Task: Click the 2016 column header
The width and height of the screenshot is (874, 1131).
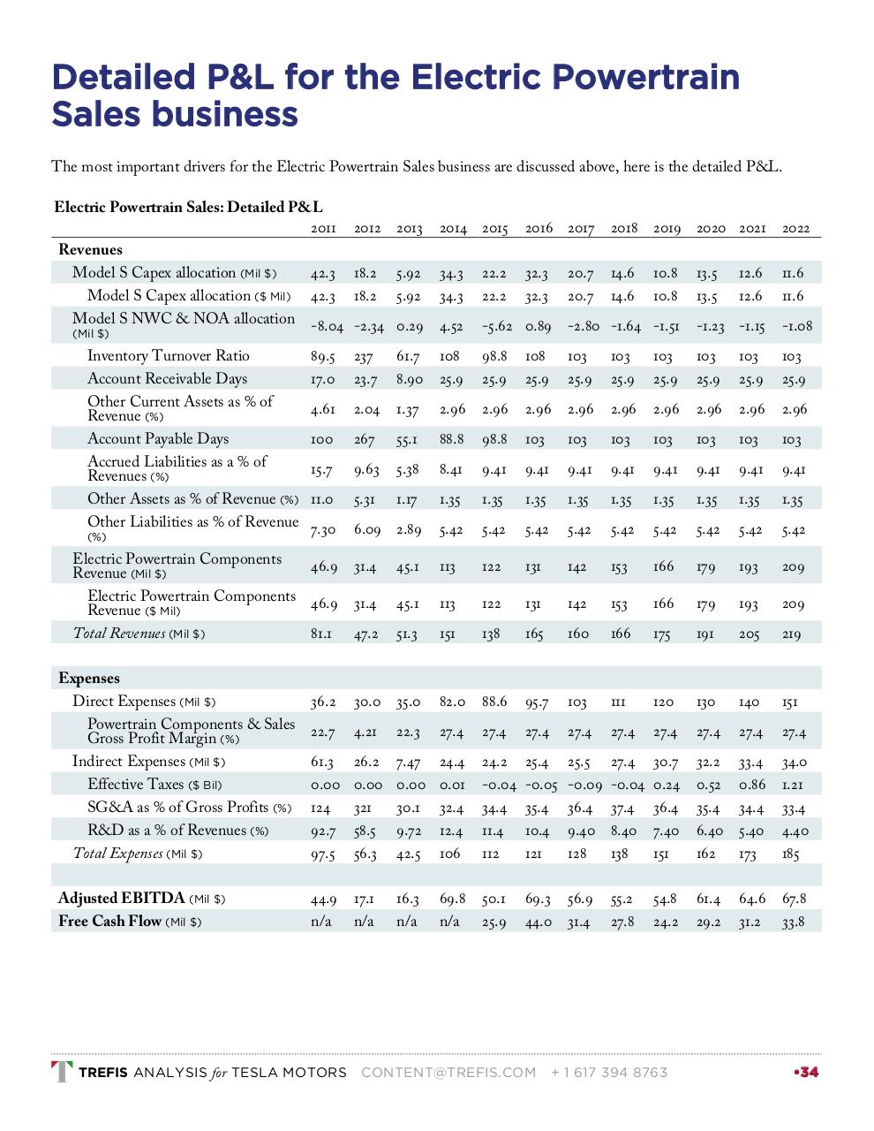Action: point(539,229)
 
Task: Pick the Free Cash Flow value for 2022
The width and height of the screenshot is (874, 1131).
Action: point(794,922)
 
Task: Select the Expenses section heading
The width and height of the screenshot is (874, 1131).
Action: point(89,679)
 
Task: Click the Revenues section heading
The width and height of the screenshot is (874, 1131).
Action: point(90,250)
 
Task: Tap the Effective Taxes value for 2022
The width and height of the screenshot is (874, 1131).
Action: point(794,786)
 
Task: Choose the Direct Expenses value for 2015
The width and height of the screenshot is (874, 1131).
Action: point(494,702)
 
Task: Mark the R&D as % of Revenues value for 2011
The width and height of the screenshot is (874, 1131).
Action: point(322,831)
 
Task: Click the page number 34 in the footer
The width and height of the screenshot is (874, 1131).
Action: point(808,1073)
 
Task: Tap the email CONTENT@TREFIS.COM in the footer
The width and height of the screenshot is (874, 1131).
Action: point(448,1073)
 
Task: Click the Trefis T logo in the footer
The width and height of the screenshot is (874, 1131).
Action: point(62,1072)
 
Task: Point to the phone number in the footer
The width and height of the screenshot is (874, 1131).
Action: point(609,1073)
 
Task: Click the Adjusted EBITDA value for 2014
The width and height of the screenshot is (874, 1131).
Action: point(453,899)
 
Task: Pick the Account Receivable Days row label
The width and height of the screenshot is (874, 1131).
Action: point(168,379)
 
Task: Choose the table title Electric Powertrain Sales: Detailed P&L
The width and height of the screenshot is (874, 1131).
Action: point(188,208)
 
